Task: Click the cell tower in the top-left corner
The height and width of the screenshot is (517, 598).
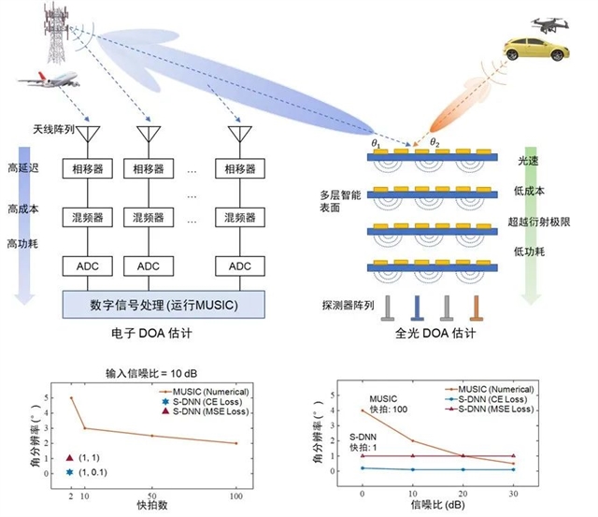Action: click(59, 30)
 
